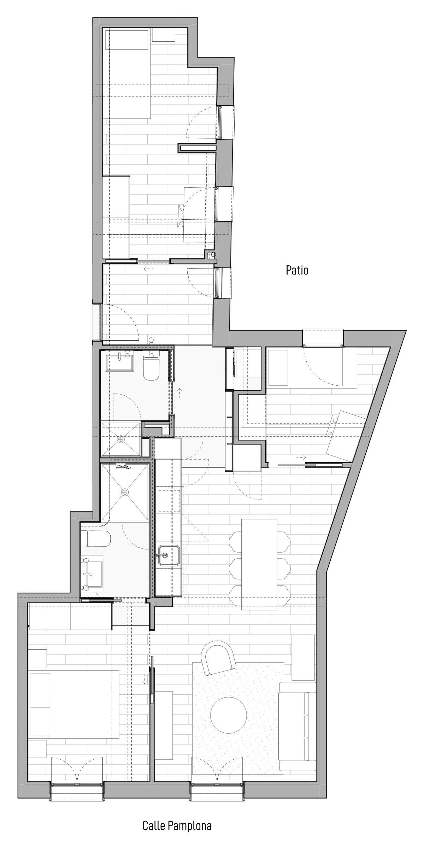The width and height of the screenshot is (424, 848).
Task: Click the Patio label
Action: coord(297,270)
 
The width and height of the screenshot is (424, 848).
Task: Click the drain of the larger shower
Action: coord(124,492)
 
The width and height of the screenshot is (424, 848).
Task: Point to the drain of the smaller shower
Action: coord(121,439)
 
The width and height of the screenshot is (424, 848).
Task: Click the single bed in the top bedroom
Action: coord(128,74)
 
